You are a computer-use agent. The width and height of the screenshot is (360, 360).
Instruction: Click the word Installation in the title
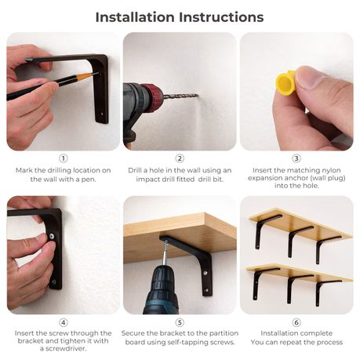(135, 17)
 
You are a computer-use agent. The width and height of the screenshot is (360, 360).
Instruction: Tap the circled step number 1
(64, 158)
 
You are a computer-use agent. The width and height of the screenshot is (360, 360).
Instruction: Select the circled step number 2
(180, 158)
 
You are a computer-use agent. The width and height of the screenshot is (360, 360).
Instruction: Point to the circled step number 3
(296, 158)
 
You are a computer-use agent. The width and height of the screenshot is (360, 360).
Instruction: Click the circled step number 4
(64, 322)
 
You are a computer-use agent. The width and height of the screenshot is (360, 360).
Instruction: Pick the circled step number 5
(180, 322)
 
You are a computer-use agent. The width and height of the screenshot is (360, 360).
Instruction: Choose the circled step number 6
(296, 322)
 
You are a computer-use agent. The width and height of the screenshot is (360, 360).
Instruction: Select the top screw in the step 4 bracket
(53, 236)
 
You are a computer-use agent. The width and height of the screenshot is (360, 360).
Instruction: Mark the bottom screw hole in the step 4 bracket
(53, 282)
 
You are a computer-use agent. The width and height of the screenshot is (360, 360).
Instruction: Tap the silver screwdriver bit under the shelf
(164, 253)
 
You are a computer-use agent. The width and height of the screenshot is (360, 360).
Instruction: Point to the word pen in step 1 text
(89, 180)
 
